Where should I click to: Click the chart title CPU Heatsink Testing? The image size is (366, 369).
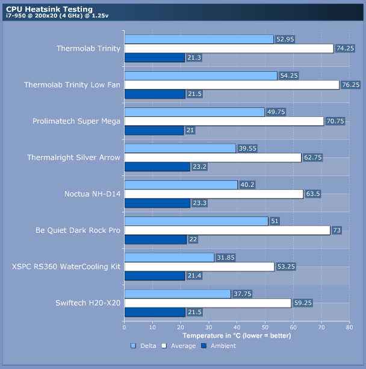click(49, 9)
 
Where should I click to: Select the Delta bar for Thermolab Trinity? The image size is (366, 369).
click(199, 39)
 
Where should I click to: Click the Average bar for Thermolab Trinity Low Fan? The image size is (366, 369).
click(231, 85)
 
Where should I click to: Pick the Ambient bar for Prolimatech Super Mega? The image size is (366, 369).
click(154, 130)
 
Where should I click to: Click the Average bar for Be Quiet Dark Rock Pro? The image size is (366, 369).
click(227, 230)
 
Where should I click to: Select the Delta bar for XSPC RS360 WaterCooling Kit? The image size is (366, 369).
click(169, 257)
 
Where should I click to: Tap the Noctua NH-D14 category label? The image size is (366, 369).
click(92, 194)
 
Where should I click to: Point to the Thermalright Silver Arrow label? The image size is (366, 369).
click(73, 157)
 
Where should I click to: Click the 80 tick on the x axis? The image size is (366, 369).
click(349, 327)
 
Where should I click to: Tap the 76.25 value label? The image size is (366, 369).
click(351, 85)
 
